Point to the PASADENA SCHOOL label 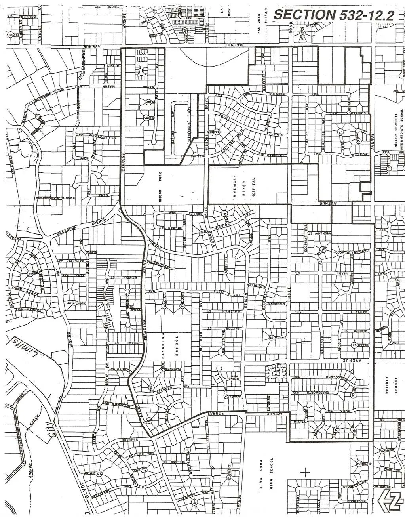(x=172, y=345)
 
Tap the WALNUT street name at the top (x=225, y=46)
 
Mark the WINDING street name (x=70, y=340)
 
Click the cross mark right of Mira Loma (x=306, y=472)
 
